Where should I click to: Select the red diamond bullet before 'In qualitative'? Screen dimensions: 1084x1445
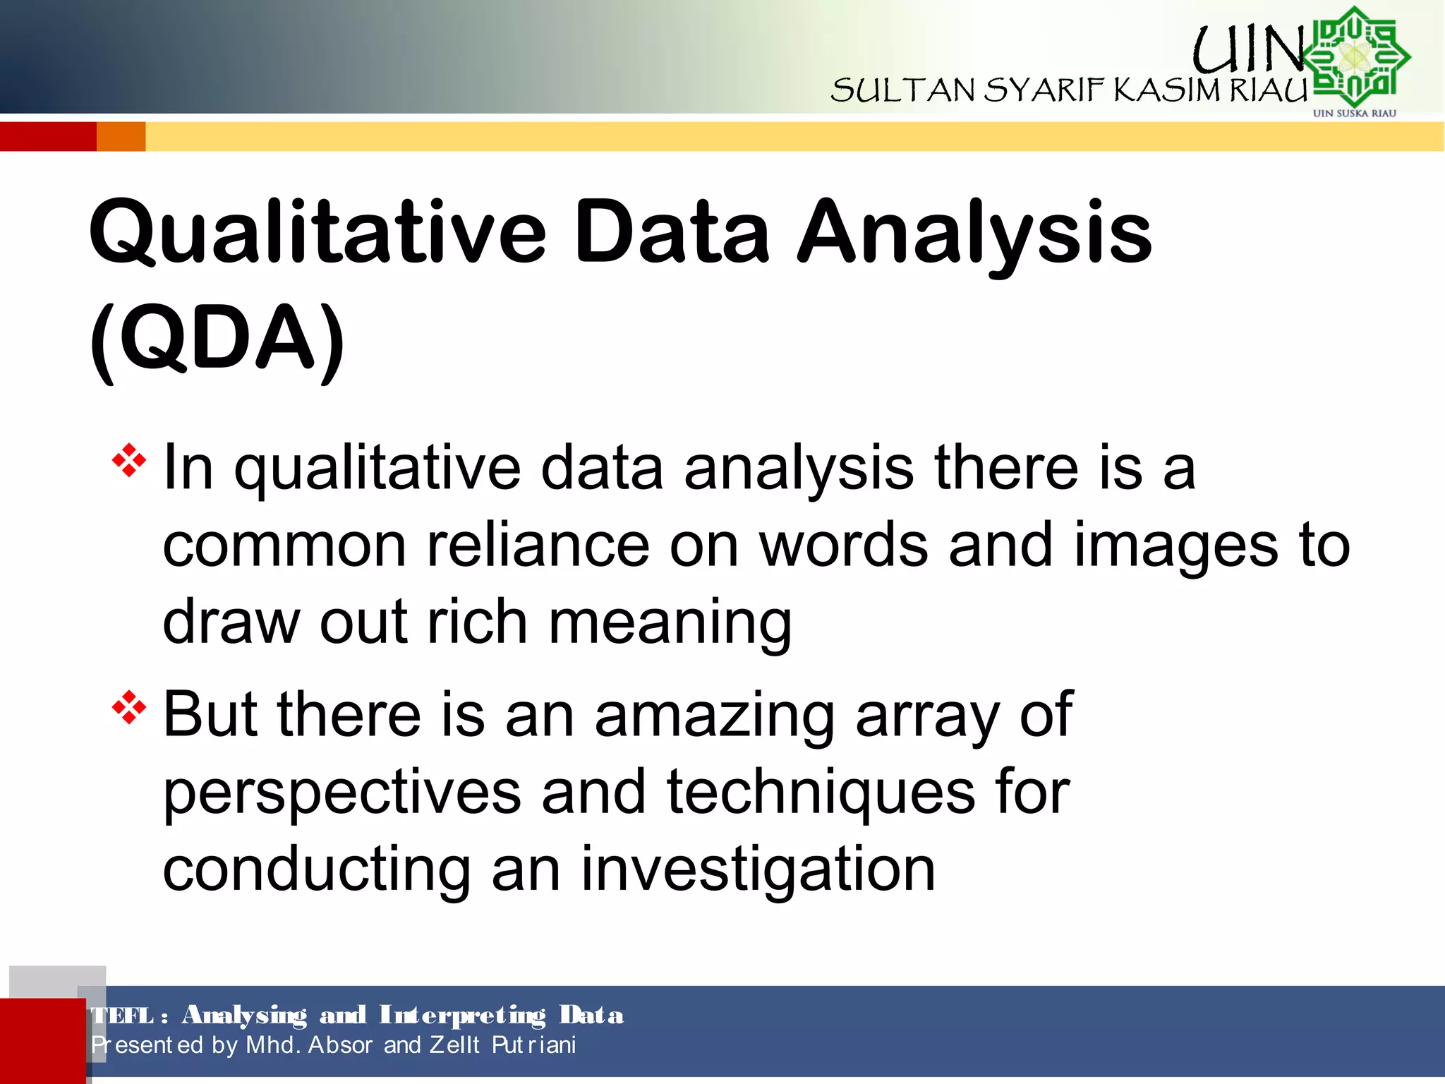click(x=129, y=461)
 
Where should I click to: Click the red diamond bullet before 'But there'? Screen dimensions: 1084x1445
click(x=129, y=708)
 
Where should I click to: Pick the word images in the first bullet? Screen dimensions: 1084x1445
click(x=1175, y=545)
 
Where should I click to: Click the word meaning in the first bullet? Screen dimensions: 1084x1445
click(x=670, y=622)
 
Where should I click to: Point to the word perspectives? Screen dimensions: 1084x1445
click(x=342, y=793)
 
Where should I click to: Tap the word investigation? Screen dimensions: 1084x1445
click(x=758, y=869)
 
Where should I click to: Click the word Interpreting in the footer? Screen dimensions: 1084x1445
click(x=462, y=1015)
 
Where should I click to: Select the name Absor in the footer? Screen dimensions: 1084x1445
click(x=340, y=1044)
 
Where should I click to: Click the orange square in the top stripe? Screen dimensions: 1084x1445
click(x=121, y=136)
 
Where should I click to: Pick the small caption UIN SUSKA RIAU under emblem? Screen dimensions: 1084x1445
click(x=1354, y=113)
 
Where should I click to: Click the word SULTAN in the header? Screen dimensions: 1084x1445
click(x=902, y=90)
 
